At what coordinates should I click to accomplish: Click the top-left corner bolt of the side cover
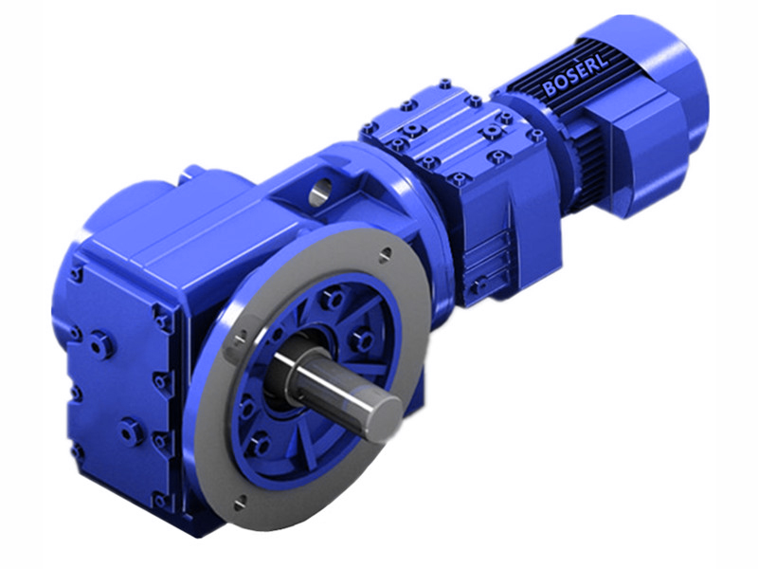click(x=74, y=274)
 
